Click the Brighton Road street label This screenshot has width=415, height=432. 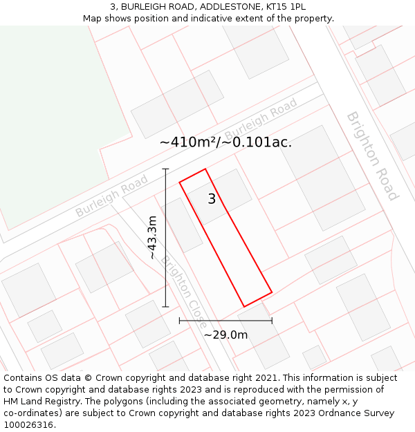pyautogui.click(x=372, y=156)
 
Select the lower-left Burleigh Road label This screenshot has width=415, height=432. pyautogui.click(x=112, y=196)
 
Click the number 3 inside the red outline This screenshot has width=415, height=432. pyautogui.click(x=212, y=199)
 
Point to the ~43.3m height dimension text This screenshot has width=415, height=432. pyautogui.click(x=152, y=237)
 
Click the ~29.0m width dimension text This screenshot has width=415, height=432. pyautogui.click(x=225, y=335)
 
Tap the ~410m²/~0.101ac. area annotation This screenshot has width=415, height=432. pyautogui.click(x=225, y=142)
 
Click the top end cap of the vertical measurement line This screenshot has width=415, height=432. pyautogui.click(x=165, y=168)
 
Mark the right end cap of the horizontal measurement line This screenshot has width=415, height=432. pyautogui.click(x=272, y=320)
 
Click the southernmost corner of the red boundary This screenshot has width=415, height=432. pyautogui.click(x=244, y=306)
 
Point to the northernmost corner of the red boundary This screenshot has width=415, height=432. pyautogui.click(x=205, y=169)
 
